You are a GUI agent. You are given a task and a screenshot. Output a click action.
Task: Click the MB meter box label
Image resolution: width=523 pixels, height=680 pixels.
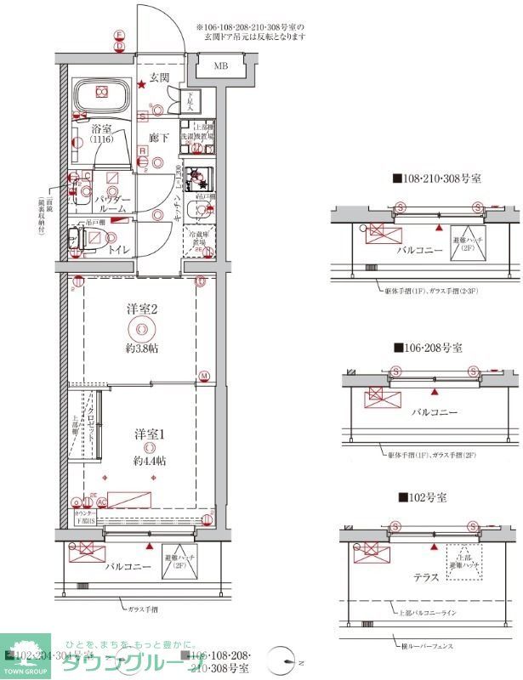pyautogui.click(x=220, y=65)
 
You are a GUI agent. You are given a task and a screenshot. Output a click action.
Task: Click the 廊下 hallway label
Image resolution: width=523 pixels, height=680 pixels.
pyautogui.click(x=157, y=137)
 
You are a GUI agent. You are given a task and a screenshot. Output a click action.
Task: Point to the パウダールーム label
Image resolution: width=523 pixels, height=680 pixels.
pyautogui.click(x=112, y=202)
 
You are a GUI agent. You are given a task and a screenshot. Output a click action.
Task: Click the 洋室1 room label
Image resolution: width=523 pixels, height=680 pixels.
pyautogui.click(x=149, y=434)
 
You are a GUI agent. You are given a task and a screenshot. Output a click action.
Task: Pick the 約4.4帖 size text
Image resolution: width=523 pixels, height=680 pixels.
pyautogui.click(x=149, y=461)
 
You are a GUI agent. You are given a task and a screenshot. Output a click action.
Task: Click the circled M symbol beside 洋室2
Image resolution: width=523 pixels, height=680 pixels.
pyautogui.click(x=204, y=376)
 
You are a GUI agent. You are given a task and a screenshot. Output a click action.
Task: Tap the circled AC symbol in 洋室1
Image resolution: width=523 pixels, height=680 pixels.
pyautogui.click(x=101, y=502)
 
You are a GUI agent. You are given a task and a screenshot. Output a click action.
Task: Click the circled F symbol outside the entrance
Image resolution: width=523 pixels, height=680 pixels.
pyautogui.click(x=120, y=35)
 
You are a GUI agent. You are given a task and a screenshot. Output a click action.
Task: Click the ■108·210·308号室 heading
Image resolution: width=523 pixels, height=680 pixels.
pyautogui.click(x=436, y=178)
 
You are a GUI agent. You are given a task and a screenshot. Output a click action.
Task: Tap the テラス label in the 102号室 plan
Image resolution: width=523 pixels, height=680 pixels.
pyautogui.click(x=426, y=577)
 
